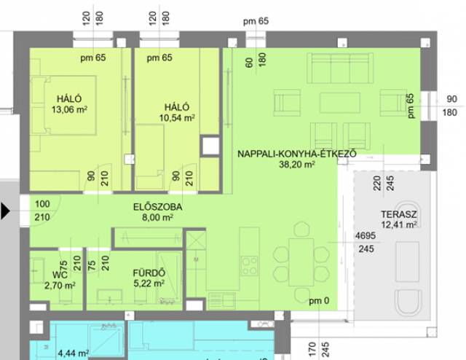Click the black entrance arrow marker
pyautogui.click(x=5, y=211)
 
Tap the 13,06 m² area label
pyautogui.click(x=70, y=110)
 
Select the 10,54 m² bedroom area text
pyautogui.click(x=177, y=118)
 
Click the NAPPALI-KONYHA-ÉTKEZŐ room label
pyautogui.click(x=297, y=154)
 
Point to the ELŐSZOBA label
pyautogui.click(x=158, y=207)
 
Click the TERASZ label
pyautogui.click(x=399, y=214)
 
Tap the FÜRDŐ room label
pyautogui.click(x=149, y=273)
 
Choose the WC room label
pyautogui.click(x=60, y=275)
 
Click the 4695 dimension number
pyautogui.click(x=366, y=236)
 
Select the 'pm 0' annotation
pyautogui.click(x=319, y=301)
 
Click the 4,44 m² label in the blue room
pyautogui.click(x=73, y=353)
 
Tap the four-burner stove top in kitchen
pyautogui.click(x=249, y=266)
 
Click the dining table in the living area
pyautogui.click(x=301, y=262)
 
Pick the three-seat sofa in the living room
pyautogui.click(x=340, y=68)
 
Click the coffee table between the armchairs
pyautogui.click(x=340, y=103)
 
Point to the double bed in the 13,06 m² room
pyautogui.click(x=63, y=106)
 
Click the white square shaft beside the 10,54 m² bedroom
pyautogui.click(x=210, y=146)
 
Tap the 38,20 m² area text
pyautogui.click(x=297, y=164)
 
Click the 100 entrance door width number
pyautogui.click(x=42, y=204)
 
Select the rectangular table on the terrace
pyautogui.click(x=408, y=262)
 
